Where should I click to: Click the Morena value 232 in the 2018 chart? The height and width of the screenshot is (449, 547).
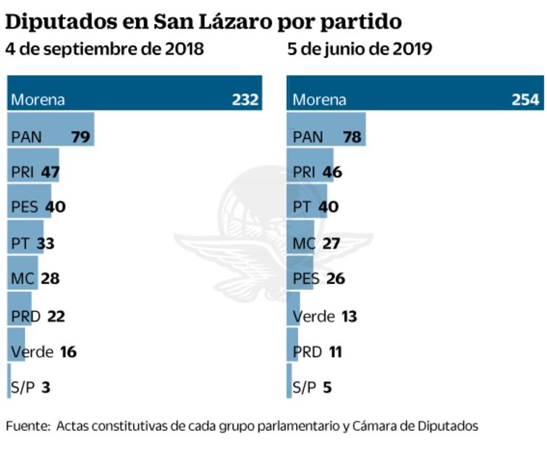click(x=245, y=100)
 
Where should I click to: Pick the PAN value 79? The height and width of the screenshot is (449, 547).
click(x=80, y=136)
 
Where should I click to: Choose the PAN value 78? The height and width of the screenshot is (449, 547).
click(x=352, y=136)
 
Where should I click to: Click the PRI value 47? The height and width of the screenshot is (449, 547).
click(x=50, y=172)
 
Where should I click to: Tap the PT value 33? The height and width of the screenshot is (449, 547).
click(x=45, y=244)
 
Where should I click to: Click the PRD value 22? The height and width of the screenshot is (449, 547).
click(x=56, y=316)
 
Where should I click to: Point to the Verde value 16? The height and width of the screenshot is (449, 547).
click(x=68, y=352)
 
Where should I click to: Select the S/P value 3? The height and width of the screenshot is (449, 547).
click(x=46, y=388)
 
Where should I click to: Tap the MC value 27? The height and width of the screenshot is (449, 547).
click(x=331, y=244)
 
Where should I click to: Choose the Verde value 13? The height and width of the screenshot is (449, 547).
click(x=348, y=316)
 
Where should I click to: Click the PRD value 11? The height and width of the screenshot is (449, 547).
click(x=334, y=352)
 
